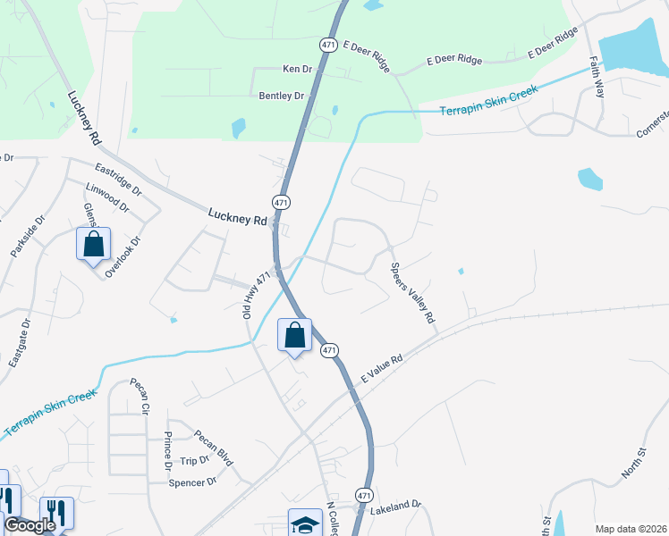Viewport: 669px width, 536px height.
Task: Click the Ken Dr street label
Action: (297, 69)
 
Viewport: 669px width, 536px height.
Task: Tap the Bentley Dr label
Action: (282, 96)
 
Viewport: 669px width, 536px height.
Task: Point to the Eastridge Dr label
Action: (118, 179)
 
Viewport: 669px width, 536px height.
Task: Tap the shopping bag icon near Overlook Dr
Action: (93, 244)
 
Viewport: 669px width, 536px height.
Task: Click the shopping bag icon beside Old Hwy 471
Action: (294, 336)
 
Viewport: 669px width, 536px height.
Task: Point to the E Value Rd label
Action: (383, 370)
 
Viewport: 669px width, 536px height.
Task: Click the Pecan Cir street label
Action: (139, 396)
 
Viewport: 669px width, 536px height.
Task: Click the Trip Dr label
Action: (193, 460)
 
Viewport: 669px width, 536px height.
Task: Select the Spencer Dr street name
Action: (193, 482)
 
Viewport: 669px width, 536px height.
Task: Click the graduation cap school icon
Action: (304, 524)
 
